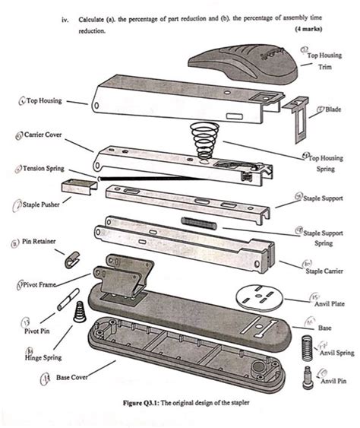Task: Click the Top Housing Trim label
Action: point(325,60)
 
